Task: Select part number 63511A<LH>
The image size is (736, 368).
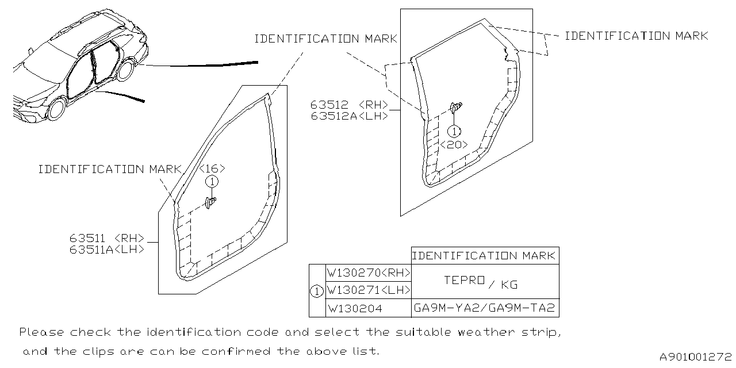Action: point(107,250)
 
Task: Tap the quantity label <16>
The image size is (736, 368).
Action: point(212,169)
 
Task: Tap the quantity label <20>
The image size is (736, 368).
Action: point(454,145)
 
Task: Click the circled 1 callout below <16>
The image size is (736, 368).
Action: point(212,182)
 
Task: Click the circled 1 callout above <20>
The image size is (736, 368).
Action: point(454,132)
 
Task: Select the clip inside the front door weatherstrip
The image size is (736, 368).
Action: point(211,202)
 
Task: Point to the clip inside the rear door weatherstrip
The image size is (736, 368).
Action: point(455,108)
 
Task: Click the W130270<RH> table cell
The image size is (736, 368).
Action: point(369,273)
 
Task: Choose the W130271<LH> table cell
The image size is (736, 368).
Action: point(369,290)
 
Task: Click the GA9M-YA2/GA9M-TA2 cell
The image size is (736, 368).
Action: point(485,309)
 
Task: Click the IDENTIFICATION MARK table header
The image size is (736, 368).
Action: point(485,256)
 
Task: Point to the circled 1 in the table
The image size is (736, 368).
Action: point(317,291)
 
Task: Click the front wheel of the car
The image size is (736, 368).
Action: point(56,109)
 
